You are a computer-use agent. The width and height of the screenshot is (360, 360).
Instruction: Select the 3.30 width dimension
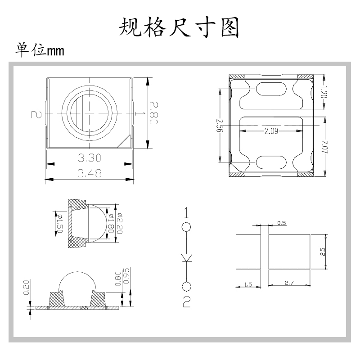[x=90, y=157]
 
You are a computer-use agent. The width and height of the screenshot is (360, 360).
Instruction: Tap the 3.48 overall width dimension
[x=90, y=173]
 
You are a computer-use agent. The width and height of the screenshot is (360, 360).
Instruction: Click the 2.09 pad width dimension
[x=271, y=131]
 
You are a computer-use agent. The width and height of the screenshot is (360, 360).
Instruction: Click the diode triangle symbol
[x=186, y=257]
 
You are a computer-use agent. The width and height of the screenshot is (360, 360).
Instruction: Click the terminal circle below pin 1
[x=186, y=227]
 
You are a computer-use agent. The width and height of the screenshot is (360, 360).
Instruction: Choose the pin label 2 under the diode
[x=186, y=301]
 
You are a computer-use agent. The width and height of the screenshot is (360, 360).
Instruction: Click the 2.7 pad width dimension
[x=289, y=283]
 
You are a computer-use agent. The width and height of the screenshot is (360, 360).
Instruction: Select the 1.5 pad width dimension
[x=247, y=284]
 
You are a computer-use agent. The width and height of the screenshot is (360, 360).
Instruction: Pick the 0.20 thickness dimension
[x=26, y=287]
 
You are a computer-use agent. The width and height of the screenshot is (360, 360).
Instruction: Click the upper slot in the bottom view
[x=270, y=89]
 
